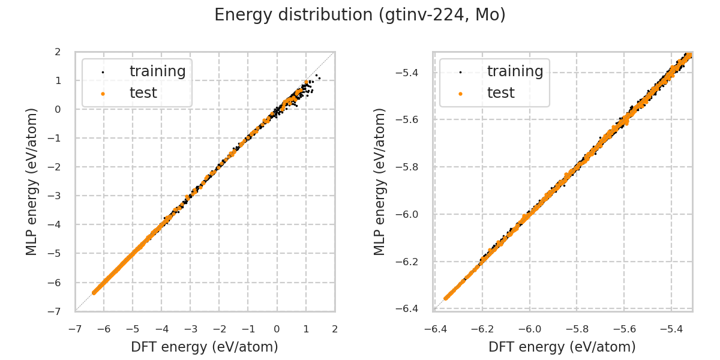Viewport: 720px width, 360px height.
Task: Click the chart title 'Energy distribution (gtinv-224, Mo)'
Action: (x=360, y=15)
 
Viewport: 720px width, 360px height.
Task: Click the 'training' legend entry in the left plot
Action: (x=157, y=71)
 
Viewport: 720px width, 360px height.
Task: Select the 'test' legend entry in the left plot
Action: (x=143, y=93)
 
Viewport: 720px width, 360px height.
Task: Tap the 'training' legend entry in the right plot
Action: (x=515, y=71)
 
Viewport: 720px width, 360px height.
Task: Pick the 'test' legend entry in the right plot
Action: (x=500, y=93)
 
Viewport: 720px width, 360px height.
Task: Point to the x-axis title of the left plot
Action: (x=205, y=347)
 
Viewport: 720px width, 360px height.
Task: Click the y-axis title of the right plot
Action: (x=380, y=181)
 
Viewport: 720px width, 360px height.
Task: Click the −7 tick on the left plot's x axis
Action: (x=75, y=329)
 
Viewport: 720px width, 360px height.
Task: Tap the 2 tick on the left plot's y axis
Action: (x=58, y=52)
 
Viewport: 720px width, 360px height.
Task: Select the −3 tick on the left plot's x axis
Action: (x=190, y=329)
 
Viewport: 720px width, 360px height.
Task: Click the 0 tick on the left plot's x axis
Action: (x=277, y=329)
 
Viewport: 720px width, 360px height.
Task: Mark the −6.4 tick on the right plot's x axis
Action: (x=434, y=329)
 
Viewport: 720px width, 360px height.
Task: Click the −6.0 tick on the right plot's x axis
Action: (x=529, y=329)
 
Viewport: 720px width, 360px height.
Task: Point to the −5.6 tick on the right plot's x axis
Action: (x=623, y=329)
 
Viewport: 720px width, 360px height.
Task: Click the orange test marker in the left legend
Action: (x=103, y=94)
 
